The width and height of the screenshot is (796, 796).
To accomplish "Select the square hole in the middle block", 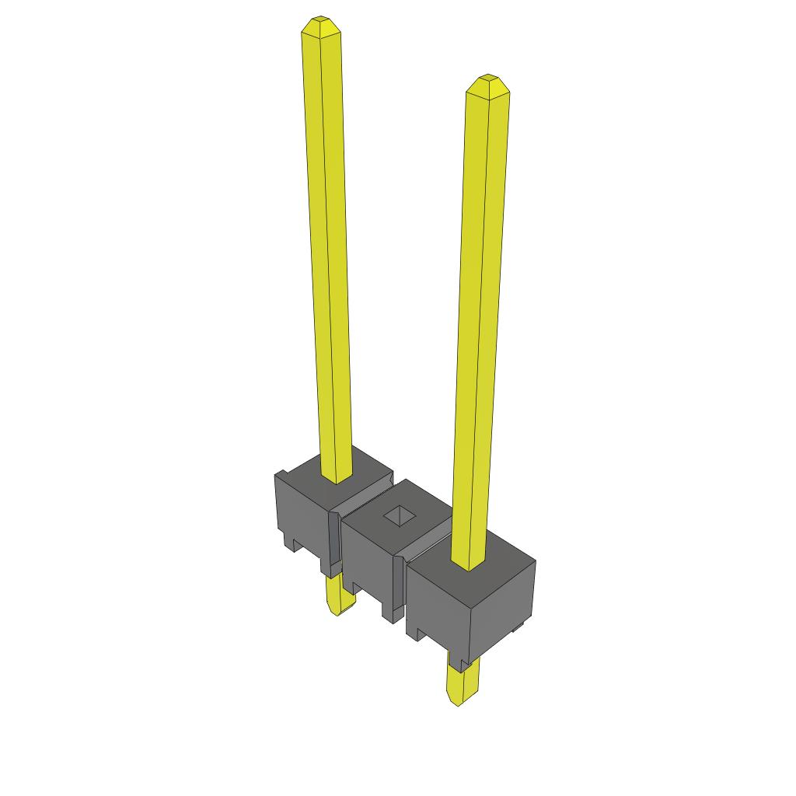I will (399, 515).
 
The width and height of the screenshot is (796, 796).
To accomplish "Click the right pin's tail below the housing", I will (460, 684).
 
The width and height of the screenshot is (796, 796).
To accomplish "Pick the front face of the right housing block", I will (439, 606).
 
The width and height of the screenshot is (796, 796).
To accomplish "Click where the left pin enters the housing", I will (337, 478).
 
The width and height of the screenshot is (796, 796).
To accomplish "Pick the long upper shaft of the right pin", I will (480, 311).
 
